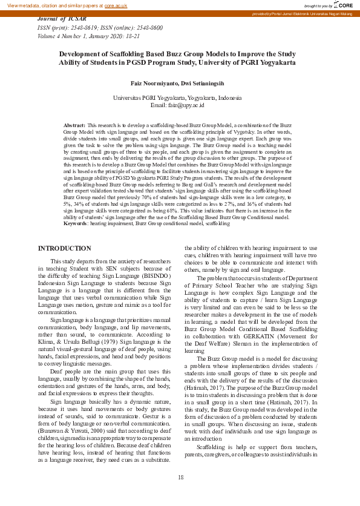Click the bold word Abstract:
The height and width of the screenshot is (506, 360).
click(x=75, y=124)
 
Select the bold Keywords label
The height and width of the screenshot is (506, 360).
click(x=76, y=223)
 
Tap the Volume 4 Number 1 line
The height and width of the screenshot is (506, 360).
click(x=89, y=36)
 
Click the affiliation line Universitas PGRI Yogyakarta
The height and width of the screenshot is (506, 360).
click(x=180, y=97)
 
